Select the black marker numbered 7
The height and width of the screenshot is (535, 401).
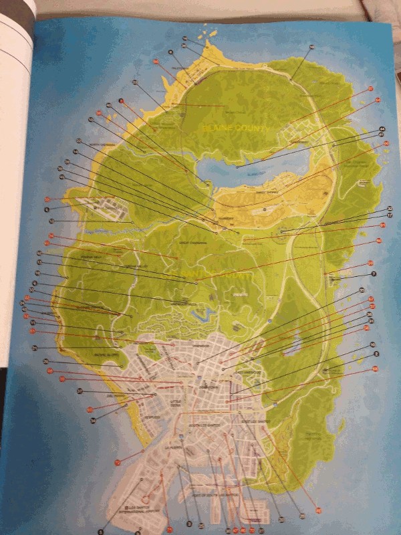tap(374, 274)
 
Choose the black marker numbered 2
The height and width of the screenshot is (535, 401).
tap(377, 353)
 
